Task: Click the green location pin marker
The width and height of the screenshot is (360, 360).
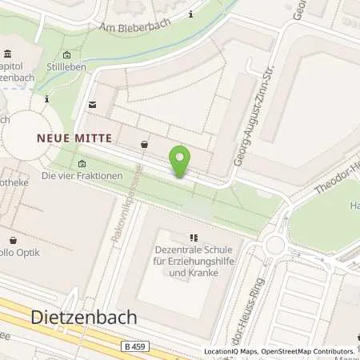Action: [181, 160]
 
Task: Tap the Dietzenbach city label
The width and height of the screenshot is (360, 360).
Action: [83, 317]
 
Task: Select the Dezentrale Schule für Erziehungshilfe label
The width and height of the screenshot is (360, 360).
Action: [191, 260]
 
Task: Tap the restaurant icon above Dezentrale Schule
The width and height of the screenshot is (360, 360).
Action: [193, 238]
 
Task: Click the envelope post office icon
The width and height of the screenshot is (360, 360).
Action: [92, 105]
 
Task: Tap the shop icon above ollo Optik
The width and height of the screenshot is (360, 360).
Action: [14, 239]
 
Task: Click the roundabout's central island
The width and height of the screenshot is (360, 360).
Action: [275, 245]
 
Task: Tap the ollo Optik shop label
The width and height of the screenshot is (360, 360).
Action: [24, 253]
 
